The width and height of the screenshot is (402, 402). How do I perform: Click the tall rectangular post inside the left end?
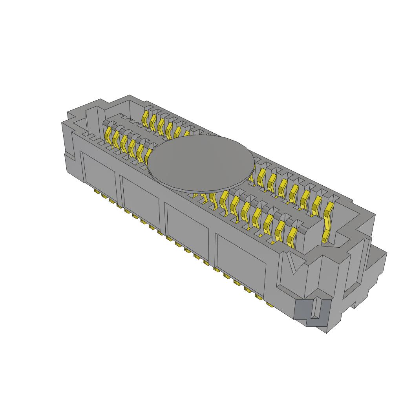click(91, 118)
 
